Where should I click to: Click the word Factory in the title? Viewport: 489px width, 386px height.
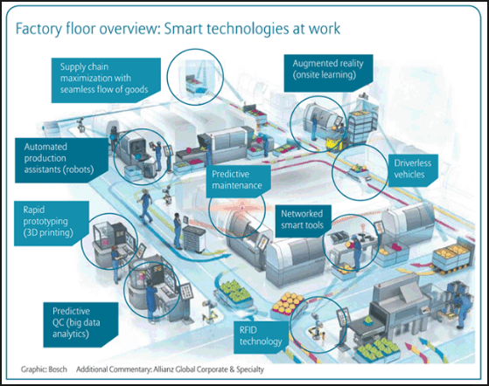point(39,29)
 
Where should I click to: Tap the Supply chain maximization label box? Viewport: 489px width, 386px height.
point(106,80)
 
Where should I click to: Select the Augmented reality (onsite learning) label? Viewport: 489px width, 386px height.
point(328,72)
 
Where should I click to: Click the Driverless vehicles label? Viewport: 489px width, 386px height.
point(413,170)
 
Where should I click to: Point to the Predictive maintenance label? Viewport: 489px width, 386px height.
point(238,181)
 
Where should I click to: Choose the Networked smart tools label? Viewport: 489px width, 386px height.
point(303,220)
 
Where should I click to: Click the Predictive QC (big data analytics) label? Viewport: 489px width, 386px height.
point(80,324)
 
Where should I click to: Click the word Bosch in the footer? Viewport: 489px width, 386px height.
point(58,369)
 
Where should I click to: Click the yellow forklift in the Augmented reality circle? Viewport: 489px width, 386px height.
point(334,141)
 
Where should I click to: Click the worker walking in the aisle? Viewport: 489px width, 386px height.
point(145,205)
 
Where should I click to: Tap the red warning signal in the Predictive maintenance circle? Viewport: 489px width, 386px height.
point(241,206)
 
